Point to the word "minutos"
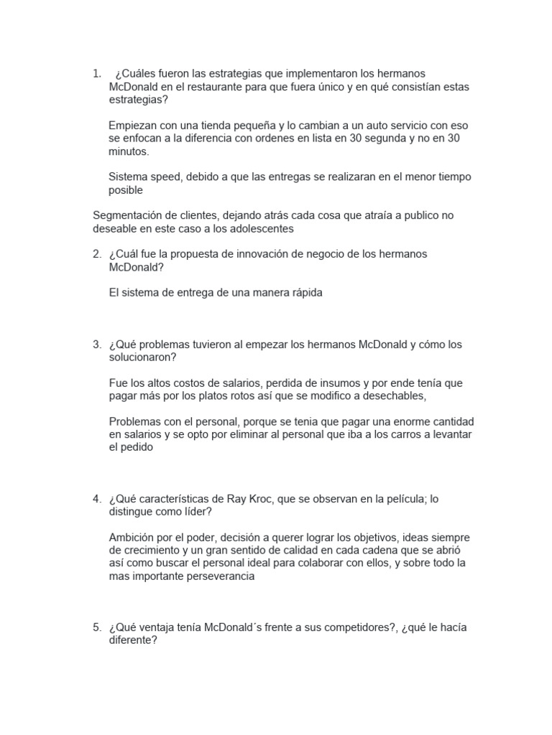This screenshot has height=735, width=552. [127, 151]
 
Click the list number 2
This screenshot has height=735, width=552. [96, 255]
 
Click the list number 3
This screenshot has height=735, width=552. [96, 345]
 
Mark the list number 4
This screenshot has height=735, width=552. [96, 499]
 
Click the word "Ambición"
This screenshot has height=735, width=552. [132, 538]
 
